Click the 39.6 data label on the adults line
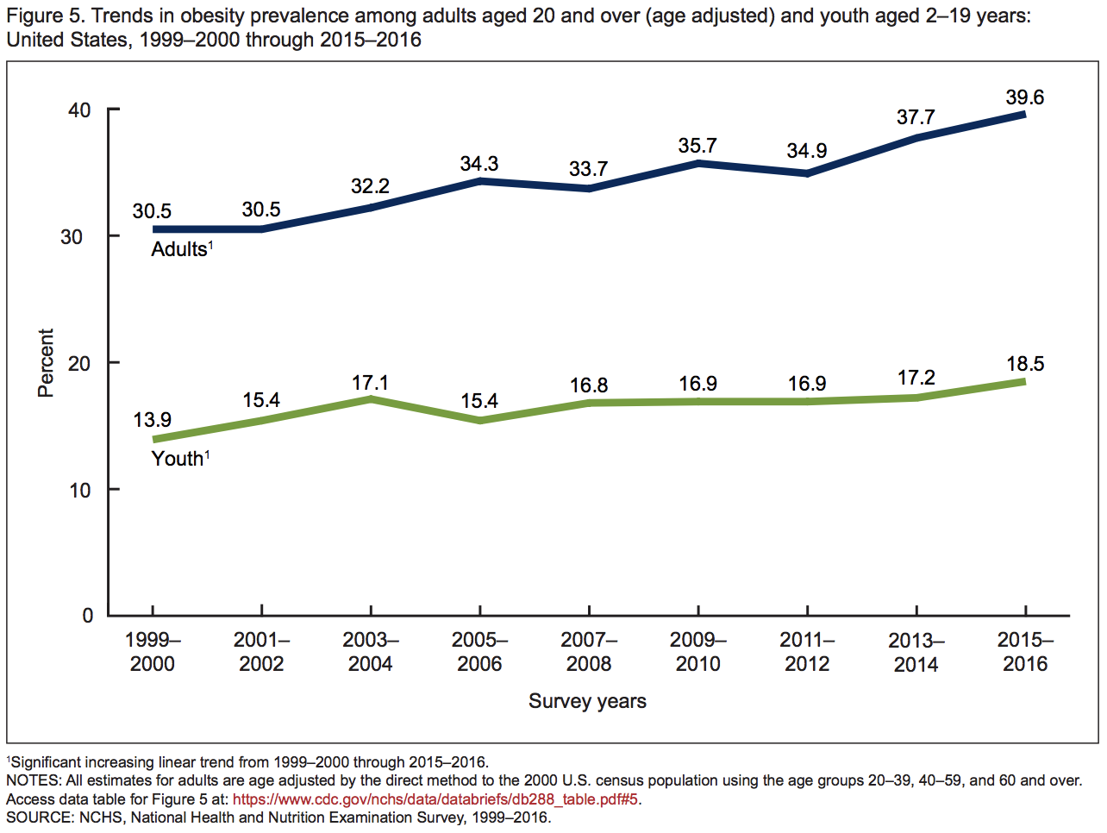point(1024,97)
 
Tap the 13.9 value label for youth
point(152,420)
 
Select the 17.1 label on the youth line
point(370,382)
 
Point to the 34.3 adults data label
point(479,164)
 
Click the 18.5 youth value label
point(1025,364)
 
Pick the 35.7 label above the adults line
point(697,146)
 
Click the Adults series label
point(180,249)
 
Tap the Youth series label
point(178,459)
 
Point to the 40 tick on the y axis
point(79,110)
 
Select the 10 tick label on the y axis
point(79,491)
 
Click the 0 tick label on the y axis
point(87,616)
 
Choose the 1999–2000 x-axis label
point(153,652)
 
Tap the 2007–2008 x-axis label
point(589,652)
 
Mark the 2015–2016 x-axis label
point(1025,652)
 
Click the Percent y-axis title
point(46,363)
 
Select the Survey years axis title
point(587,701)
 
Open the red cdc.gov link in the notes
point(435,799)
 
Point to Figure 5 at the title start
point(45,16)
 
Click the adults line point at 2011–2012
point(807,173)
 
